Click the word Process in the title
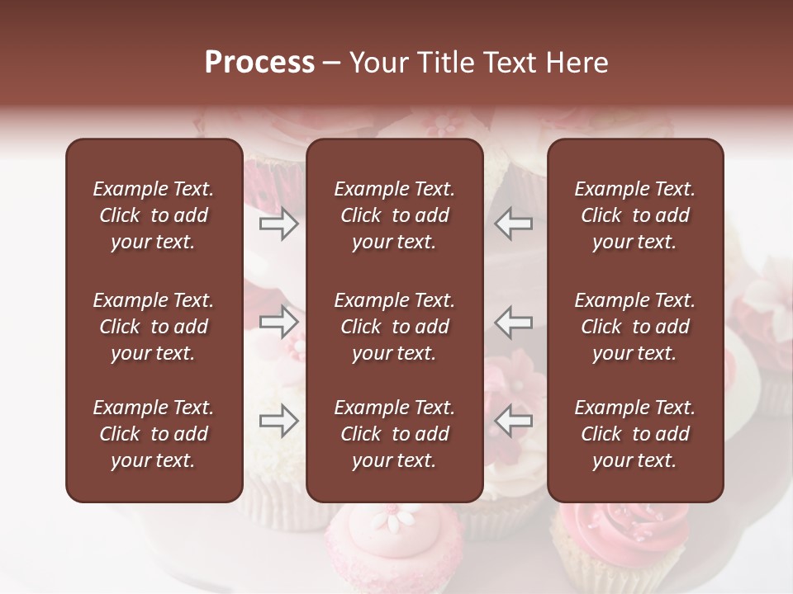coord(259,63)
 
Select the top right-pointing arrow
coord(279,223)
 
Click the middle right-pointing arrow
coord(279,322)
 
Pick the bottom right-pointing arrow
coord(279,422)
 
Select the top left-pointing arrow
coord(514,223)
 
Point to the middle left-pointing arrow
coord(514,322)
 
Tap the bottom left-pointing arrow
coord(514,422)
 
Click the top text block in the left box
coord(154,215)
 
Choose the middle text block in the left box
coord(154,327)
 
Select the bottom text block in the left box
coord(154,434)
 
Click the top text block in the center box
coord(394,215)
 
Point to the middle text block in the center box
coord(394,327)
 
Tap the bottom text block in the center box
coord(394,434)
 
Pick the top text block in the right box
coord(635,215)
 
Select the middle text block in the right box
coord(635,327)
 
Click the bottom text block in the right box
coord(635,434)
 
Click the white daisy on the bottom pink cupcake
coord(385,521)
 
